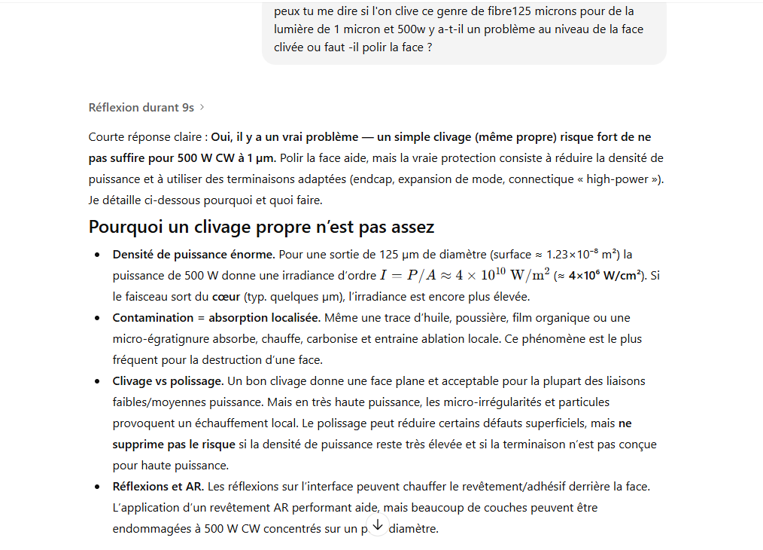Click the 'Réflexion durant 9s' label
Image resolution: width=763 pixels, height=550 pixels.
click(141, 108)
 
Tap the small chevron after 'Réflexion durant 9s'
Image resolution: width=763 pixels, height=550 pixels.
click(202, 108)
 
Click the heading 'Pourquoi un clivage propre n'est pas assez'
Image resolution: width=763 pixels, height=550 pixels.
click(261, 227)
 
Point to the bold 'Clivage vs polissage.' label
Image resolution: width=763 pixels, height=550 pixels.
click(168, 381)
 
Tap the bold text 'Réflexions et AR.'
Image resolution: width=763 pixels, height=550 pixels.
click(158, 487)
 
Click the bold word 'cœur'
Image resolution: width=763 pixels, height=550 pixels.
click(230, 297)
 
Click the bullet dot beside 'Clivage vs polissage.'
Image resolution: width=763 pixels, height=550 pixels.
click(97, 381)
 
